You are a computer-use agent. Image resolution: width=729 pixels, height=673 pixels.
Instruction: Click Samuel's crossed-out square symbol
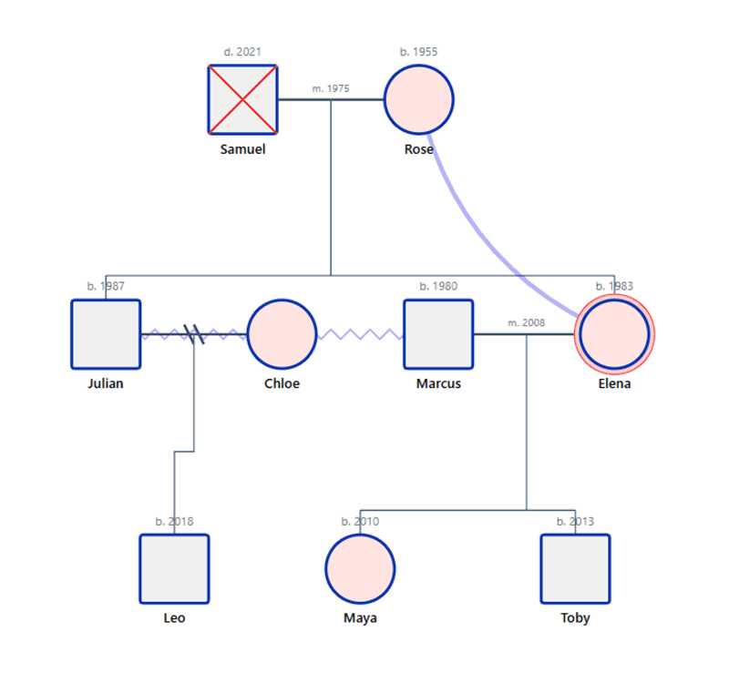click(x=242, y=99)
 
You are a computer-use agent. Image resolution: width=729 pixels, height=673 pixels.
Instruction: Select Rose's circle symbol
click(x=418, y=99)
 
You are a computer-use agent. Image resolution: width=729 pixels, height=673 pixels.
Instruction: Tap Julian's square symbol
click(x=106, y=334)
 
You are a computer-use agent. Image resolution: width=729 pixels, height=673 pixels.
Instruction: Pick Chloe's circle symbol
click(x=282, y=334)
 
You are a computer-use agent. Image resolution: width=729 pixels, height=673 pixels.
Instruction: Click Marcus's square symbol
click(x=438, y=334)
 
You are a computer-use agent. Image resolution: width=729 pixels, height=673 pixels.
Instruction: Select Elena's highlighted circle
click(x=614, y=334)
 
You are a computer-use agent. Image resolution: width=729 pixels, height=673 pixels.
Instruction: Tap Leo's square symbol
click(x=174, y=568)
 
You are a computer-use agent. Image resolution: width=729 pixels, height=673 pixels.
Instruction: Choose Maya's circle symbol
click(x=360, y=568)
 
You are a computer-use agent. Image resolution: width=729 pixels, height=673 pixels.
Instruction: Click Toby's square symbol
click(x=575, y=568)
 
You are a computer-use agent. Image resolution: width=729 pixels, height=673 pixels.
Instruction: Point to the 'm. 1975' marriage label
click(x=331, y=89)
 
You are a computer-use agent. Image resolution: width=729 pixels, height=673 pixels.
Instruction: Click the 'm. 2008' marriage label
click(x=526, y=323)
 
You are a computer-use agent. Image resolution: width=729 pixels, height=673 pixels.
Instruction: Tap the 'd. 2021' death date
click(x=242, y=52)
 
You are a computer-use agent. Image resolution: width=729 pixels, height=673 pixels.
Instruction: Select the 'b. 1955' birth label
click(x=418, y=52)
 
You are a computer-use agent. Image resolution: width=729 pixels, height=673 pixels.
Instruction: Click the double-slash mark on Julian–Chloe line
click(x=194, y=334)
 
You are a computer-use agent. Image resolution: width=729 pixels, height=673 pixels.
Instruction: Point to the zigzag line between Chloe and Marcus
click(x=360, y=334)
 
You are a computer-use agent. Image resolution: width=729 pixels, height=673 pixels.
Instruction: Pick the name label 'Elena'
click(x=614, y=383)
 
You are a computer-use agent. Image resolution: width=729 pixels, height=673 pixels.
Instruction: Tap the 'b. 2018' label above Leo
click(x=174, y=522)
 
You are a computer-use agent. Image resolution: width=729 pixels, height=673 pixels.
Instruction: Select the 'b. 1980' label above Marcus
click(x=438, y=286)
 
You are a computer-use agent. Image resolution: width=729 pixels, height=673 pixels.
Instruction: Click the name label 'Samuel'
click(x=242, y=149)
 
